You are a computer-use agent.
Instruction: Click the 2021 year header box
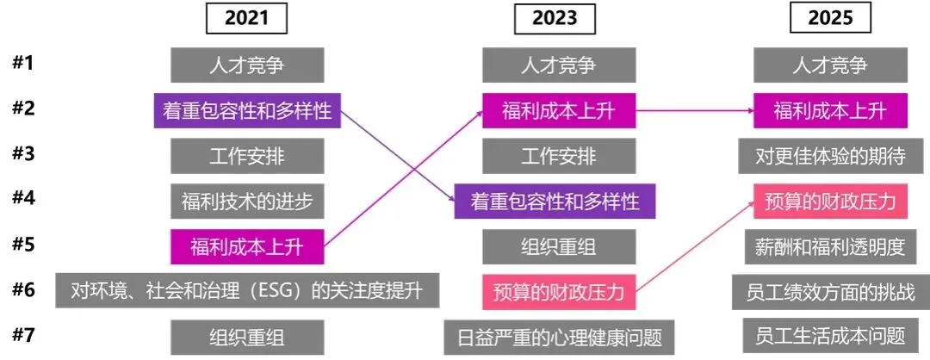246,18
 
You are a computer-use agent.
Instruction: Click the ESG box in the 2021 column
248,290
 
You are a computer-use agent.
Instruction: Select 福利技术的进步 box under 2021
246,202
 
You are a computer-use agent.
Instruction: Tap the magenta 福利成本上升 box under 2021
246,248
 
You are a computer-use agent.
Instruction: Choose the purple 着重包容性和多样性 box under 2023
555,202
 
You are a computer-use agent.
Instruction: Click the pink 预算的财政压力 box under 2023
559,290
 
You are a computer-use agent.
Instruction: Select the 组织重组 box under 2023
559,246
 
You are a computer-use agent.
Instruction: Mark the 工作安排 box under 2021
246,156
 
